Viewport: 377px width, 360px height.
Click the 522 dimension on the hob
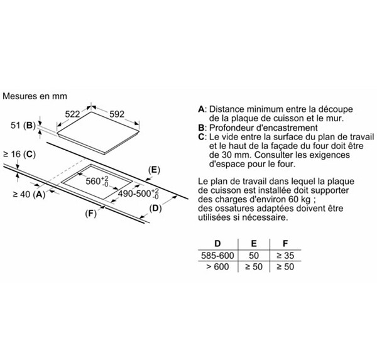tap(72, 114)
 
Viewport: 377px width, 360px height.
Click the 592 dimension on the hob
tap(117, 114)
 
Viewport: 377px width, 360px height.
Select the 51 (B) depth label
tap(23, 125)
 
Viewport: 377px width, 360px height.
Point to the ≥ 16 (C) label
tap(19, 154)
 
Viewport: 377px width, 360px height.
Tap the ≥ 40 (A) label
tap(29, 194)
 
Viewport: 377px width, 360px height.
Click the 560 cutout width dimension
tap(97, 181)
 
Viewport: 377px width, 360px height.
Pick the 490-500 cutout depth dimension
tap(138, 194)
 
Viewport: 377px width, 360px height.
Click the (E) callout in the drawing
tap(154, 170)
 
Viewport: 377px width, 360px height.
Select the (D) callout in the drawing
tap(155, 208)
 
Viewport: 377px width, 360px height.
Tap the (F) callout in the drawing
tap(91, 214)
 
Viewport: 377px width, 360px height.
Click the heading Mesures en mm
tap(35, 96)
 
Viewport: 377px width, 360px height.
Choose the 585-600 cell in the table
tap(217, 255)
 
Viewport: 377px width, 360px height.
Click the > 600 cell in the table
tap(217, 266)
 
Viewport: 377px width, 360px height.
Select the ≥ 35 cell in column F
tap(285, 255)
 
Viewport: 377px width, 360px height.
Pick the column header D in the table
tap(217, 244)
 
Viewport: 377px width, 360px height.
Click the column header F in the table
tap(285, 244)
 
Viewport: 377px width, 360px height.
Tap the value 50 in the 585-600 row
tap(254, 255)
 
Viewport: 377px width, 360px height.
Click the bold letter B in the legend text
tap(201, 128)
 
